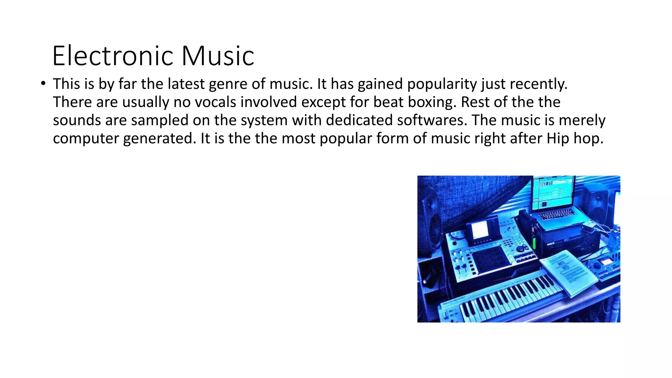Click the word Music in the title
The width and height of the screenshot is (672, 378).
tap(218, 56)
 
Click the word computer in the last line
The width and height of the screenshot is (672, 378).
tap(86, 138)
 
